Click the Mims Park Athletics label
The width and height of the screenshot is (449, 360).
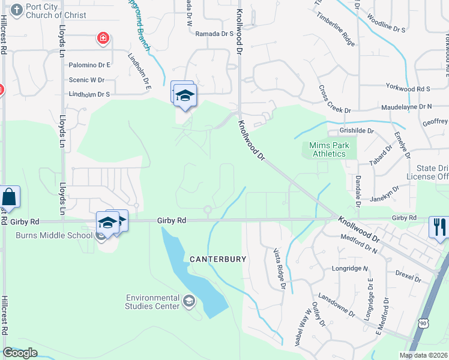328,149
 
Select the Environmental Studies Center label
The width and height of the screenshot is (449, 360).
152,302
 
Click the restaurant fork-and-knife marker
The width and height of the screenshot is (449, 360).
439,227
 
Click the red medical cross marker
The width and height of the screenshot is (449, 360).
103,39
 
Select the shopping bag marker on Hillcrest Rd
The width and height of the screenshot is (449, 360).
10,196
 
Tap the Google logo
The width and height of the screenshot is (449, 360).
20,353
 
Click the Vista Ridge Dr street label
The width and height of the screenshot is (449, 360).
279,269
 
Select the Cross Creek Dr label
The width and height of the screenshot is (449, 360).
334,98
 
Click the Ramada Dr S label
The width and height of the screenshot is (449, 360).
214,34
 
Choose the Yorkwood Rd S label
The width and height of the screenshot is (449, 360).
408,89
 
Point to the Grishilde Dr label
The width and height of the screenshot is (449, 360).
357,130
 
